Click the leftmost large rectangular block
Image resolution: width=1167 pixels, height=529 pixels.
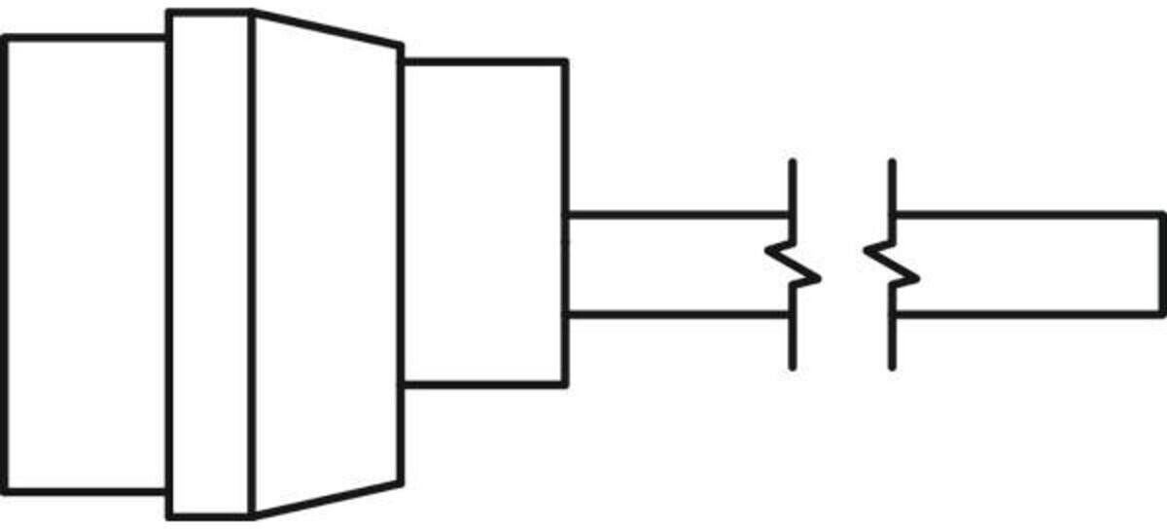[86, 264]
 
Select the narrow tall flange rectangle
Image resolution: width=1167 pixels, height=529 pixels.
[210, 264]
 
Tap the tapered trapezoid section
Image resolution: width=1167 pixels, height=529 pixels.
[327, 264]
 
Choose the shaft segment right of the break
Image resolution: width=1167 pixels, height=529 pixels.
[1031, 264]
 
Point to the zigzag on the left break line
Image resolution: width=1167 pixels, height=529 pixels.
[794, 265]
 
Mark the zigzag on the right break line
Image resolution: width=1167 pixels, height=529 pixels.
[891, 264]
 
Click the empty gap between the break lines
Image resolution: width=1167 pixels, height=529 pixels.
[842, 264]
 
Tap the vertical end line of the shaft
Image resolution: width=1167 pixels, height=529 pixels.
[1161, 264]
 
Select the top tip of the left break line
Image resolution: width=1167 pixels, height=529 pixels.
[793, 161]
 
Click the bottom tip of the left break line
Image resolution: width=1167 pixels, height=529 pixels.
[793, 367]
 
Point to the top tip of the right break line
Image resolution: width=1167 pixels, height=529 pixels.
[892, 161]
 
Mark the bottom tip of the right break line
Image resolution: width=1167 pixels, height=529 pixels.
[892, 367]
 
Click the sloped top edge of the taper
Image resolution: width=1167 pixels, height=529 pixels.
[327, 28]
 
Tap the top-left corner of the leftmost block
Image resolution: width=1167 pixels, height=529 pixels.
[6, 39]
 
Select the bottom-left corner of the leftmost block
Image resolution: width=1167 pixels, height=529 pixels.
[6, 491]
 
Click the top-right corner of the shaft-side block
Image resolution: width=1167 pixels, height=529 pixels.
[564, 62]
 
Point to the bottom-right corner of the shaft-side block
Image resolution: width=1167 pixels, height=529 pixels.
[564, 384]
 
